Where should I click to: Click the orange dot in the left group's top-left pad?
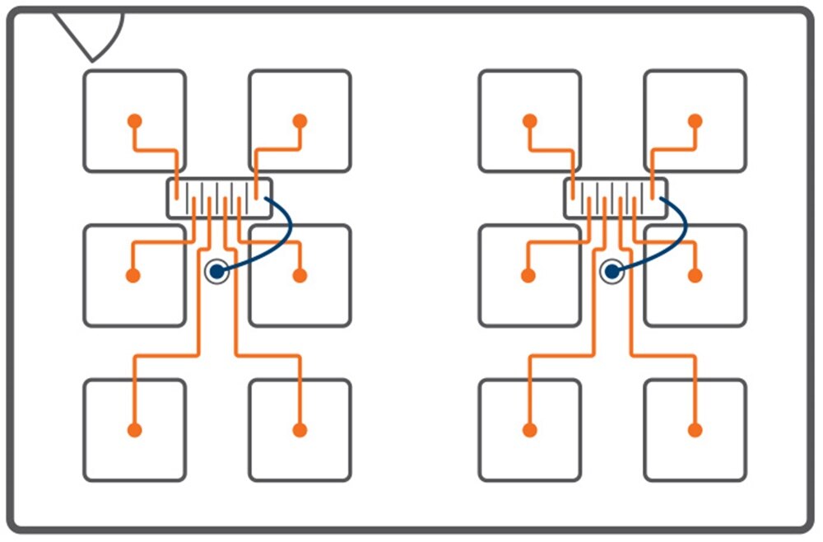[134, 120]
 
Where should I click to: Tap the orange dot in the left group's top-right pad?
[300, 120]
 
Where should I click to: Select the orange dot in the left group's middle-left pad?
[133, 275]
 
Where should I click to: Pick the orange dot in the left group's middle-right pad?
[300, 275]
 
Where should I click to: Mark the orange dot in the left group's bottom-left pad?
[134, 429]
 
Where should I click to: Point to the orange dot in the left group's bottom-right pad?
[300, 429]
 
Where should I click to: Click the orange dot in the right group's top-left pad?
[529, 120]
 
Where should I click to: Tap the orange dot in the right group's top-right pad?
[695, 120]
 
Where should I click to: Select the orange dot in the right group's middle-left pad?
[528, 275]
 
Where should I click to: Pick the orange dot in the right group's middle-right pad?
[695, 275]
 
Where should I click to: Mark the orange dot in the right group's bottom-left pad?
[529, 429]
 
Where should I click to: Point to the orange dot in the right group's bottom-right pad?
[695, 429]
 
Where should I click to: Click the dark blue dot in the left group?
[216, 270]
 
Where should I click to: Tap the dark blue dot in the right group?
[611, 270]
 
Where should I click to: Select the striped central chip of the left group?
[219, 199]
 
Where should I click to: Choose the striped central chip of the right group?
[615, 199]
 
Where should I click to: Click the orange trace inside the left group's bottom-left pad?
[134, 404]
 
